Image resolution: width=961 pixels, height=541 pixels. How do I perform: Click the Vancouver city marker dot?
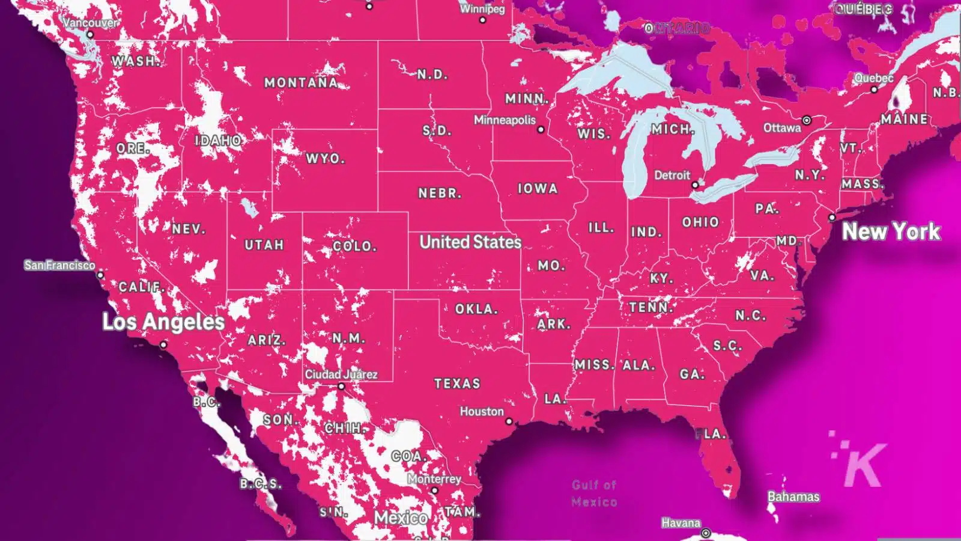coord(90,35)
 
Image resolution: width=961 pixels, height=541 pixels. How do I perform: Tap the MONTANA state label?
coord(302,82)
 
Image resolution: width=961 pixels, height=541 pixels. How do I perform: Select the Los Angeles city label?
coord(163,322)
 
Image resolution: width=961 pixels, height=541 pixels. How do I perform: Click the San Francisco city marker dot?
coord(100,275)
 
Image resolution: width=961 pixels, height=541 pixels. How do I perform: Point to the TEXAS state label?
coord(457,384)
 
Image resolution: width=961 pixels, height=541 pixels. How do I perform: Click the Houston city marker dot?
coord(509,421)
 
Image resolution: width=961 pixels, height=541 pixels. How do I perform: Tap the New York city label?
coord(891,231)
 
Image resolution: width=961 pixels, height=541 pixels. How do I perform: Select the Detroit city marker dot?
coord(695,185)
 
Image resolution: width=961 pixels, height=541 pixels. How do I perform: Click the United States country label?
coord(470,242)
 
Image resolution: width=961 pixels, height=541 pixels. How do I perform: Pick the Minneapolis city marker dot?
coord(541,129)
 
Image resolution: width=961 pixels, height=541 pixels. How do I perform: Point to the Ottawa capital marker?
coord(807,120)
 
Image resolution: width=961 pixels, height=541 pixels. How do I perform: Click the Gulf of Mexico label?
coord(594,493)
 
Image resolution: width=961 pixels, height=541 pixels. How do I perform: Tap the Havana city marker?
coord(706,533)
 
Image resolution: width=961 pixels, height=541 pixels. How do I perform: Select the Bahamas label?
coord(793,497)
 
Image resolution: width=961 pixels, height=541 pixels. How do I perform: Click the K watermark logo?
coord(862,463)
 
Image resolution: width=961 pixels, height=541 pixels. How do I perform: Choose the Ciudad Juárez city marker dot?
coord(341,387)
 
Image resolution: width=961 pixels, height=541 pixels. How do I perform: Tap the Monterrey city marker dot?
coord(435,491)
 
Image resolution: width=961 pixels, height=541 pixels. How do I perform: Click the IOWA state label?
coord(538,189)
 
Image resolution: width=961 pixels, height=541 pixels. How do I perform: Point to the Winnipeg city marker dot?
coord(482,20)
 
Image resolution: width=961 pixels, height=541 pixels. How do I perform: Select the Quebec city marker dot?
coord(874,90)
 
